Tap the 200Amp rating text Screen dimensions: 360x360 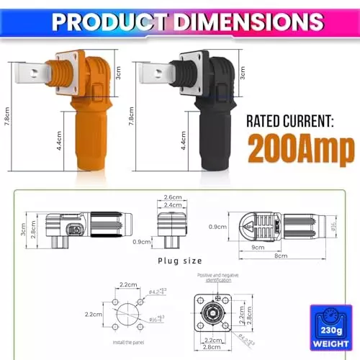pos(300,149)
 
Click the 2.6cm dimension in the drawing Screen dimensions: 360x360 pos(173,197)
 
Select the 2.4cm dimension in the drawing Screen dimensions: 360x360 pos(173,206)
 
